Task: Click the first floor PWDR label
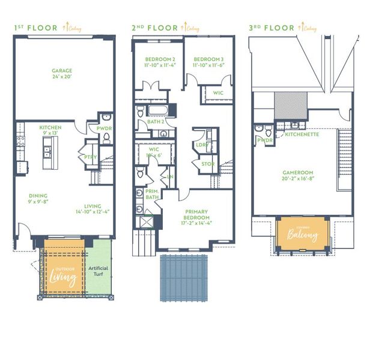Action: coord(105,128)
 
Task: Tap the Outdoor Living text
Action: coord(63,275)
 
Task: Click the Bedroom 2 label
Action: coord(159,62)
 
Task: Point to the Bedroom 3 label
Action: coord(208,62)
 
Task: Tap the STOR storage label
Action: coord(208,163)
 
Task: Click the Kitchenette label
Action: coord(302,134)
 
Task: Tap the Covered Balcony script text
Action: coord(302,235)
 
